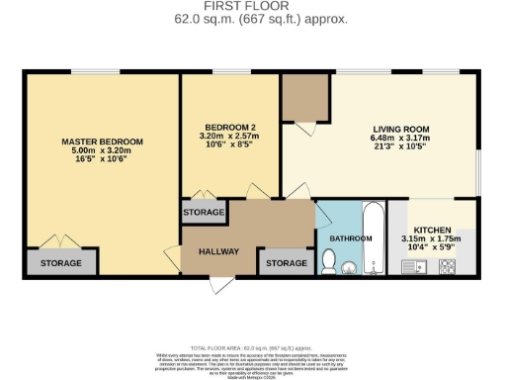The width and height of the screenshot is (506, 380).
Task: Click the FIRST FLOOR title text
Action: (253, 6)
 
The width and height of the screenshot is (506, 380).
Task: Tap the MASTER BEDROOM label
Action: (102, 142)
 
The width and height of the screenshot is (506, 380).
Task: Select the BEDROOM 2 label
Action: (230, 128)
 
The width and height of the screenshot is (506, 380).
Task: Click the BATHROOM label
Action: (351, 238)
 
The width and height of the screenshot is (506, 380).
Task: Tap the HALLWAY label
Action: (218, 251)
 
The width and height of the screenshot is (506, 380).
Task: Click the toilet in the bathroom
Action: (330, 261)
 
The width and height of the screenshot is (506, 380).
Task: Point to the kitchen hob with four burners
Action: (447, 265)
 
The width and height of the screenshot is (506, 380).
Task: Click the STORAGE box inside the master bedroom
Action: (61, 263)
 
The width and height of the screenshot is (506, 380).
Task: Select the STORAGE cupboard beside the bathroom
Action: (287, 263)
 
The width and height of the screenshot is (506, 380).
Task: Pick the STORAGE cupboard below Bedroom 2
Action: (204, 213)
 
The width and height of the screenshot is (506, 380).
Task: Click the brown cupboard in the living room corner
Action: (304, 97)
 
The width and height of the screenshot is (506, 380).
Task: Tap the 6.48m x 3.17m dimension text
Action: (401, 141)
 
